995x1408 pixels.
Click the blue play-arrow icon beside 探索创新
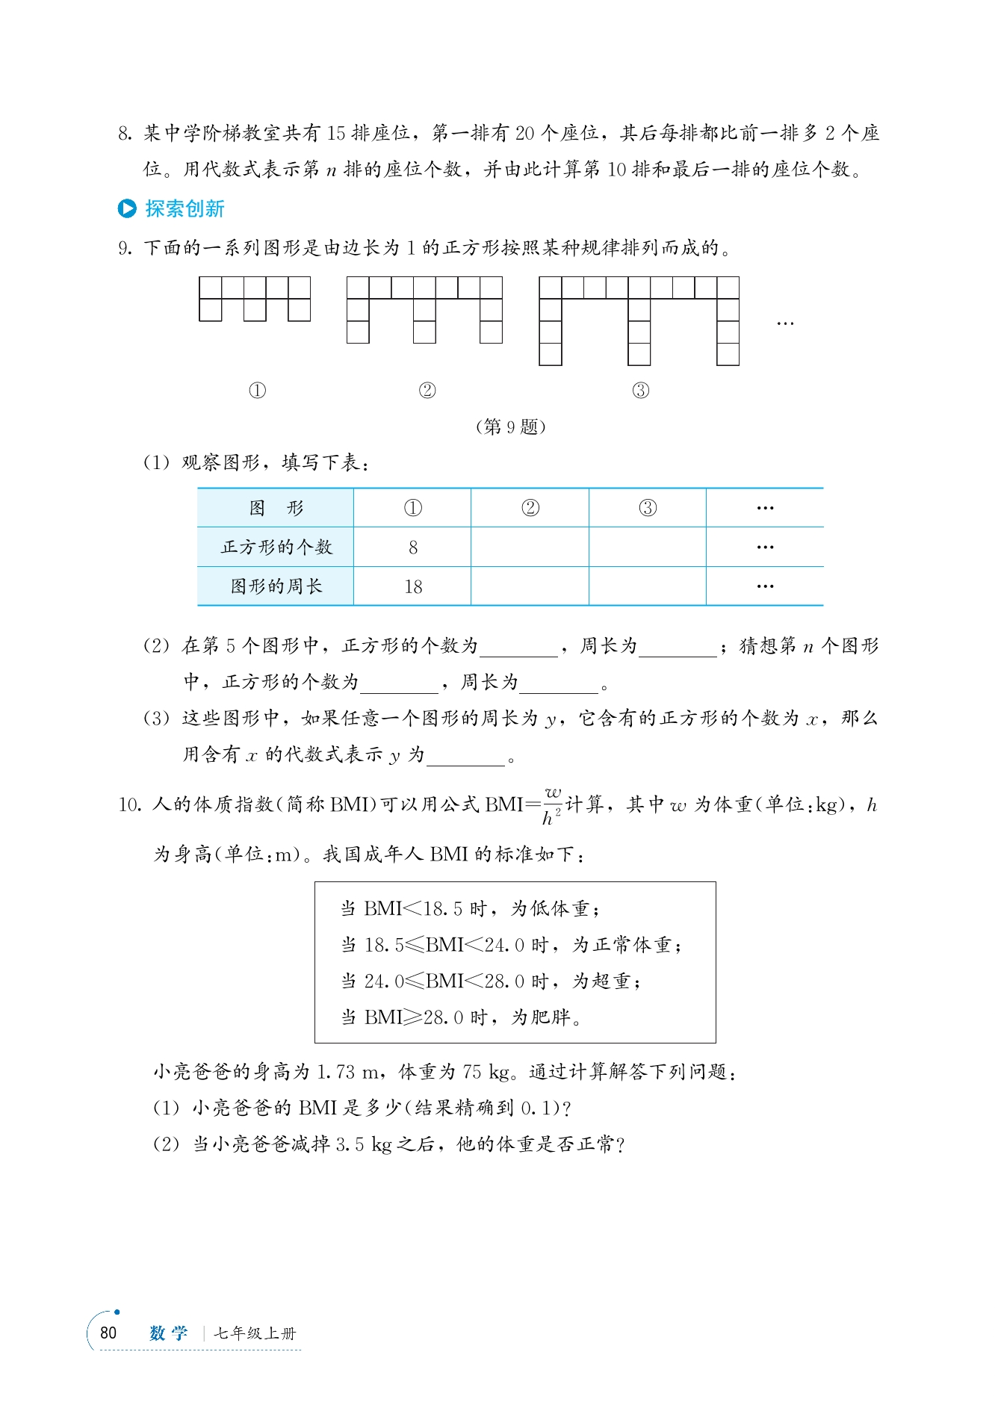[x=127, y=209]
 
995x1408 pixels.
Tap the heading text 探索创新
[x=185, y=209]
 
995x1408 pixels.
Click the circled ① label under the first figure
[x=257, y=391]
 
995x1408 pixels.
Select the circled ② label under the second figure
[x=427, y=391]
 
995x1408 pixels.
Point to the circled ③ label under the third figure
[x=641, y=391]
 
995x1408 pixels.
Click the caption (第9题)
[x=511, y=427]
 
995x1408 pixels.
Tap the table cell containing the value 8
[x=412, y=548]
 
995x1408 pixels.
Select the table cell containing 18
[x=412, y=586]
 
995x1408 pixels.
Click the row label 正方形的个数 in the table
[x=276, y=548]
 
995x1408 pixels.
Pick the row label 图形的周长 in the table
[x=276, y=586]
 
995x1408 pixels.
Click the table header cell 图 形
[x=276, y=509]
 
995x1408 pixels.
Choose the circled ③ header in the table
[x=648, y=509]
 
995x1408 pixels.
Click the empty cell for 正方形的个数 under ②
[x=530, y=548]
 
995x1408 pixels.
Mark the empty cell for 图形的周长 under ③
[x=648, y=586]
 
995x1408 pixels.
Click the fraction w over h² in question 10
[x=552, y=805]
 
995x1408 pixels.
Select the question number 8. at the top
[x=125, y=134]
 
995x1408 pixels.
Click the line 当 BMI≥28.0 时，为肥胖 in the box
[x=461, y=1017]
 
